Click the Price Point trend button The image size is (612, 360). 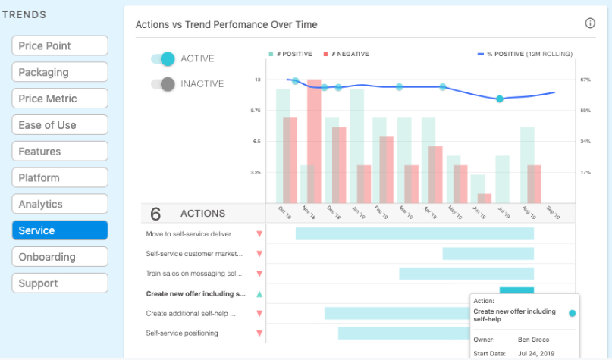click(60, 45)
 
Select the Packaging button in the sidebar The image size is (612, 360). click(60, 72)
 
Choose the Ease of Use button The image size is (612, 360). click(60, 125)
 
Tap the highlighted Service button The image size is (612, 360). click(60, 230)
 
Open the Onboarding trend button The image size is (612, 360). click(60, 257)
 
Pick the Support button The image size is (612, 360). click(60, 283)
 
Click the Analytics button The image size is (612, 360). click(60, 204)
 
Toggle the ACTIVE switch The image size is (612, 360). click(163, 59)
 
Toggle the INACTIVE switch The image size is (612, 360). click(163, 84)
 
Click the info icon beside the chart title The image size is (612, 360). click(590, 23)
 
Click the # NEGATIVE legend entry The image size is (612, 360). click(347, 54)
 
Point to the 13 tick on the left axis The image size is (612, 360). click(258, 80)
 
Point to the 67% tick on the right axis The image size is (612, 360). click(563, 80)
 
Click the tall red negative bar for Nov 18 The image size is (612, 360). click(315, 140)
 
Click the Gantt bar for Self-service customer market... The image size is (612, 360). click(488, 254)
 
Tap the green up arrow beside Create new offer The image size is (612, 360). click(259, 294)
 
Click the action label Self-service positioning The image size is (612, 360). click(182, 333)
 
